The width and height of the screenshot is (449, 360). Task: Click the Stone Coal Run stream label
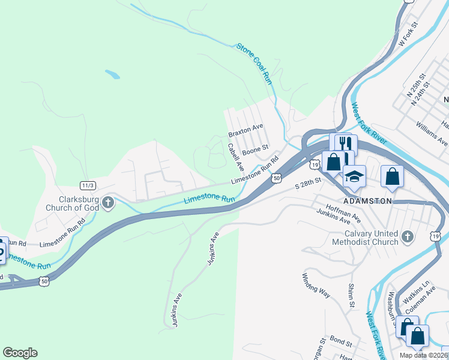click(x=255, y=63)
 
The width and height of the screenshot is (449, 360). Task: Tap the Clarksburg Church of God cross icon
click(x=108, y=202)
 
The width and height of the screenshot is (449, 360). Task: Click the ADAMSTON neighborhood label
click(x=367, y=200)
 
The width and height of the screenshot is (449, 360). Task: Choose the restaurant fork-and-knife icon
click(x=344, y=144)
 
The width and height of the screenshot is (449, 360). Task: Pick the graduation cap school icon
click(x=354, y=176)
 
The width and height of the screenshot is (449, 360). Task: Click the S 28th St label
click(x=309, y=184)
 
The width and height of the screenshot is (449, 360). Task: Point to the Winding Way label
click(x=316, y=284)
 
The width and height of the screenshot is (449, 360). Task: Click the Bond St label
click(x=340, y=342)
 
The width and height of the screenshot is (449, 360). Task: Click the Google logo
click(x=20, y=353)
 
